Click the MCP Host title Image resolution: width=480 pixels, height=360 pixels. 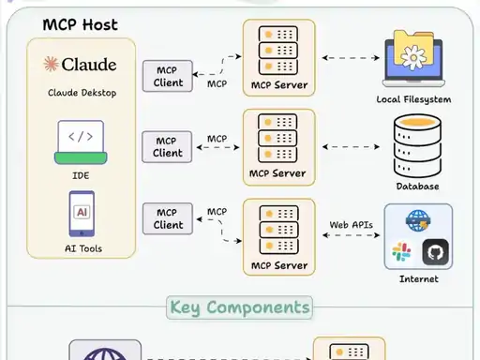(81, 24)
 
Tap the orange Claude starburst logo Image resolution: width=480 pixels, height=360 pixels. (51, 64)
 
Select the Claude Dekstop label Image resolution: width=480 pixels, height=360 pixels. (82, 93)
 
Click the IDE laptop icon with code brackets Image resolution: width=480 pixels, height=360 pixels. (81, 142)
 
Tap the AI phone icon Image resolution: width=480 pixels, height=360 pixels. (82, 214)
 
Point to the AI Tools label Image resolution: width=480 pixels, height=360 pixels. (83, 248)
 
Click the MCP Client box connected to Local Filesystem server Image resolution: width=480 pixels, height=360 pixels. (168, 76)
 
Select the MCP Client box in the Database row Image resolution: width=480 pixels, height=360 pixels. (167, 147)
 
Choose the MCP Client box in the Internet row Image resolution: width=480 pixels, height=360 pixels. (168, 218)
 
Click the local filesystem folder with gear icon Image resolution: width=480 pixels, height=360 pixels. (413, 58)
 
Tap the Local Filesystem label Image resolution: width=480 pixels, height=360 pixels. (413, 99)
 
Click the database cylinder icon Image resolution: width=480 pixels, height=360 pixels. (417, 145)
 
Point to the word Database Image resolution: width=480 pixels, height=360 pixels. (417, 187)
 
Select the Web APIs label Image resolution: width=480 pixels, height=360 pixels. (352, 225)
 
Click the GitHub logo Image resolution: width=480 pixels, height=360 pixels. (436, 252)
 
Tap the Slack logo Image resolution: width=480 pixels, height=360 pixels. (401, 252)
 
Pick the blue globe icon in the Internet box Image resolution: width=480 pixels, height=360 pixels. (418, 220)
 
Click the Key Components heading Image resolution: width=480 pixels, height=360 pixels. (240, 307)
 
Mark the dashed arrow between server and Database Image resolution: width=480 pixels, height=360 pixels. (351, 147)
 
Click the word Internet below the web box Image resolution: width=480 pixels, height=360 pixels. (419, 279)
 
